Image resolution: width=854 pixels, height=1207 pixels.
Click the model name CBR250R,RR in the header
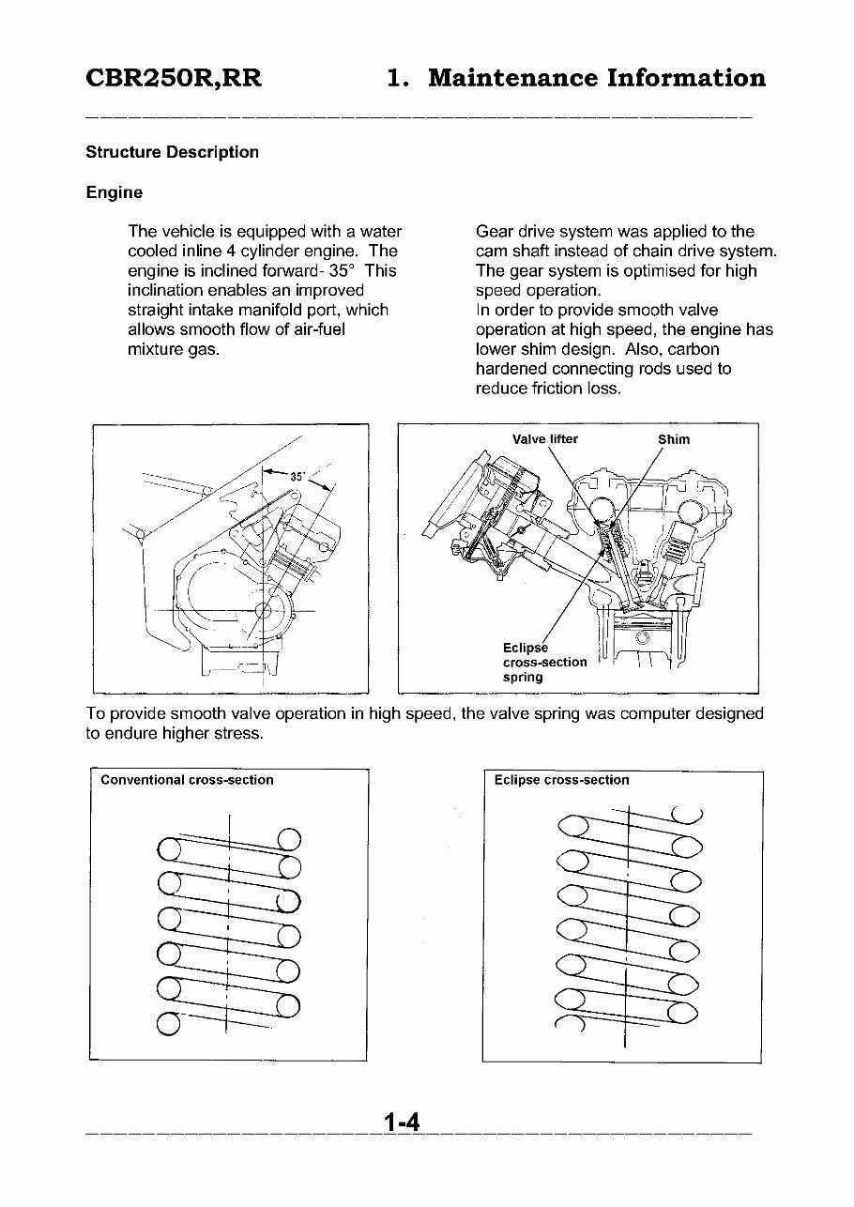174,78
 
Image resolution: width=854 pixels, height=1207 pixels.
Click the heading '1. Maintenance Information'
576,78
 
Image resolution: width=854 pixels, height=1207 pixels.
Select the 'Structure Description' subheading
172,152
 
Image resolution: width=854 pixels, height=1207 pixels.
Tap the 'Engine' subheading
114,192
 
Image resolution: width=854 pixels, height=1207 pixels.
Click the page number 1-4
401,1123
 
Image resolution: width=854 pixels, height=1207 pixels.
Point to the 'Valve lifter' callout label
545,439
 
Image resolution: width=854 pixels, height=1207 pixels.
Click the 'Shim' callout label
674,439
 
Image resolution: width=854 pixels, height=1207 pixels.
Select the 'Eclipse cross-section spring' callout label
544,662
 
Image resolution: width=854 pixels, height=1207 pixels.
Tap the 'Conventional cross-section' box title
187,780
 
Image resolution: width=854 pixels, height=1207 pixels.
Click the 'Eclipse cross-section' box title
561,780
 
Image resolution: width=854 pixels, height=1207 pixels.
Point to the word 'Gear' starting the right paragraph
495,231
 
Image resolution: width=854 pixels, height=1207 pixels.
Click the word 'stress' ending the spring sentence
238,733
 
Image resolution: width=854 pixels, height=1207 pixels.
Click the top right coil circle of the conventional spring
289,838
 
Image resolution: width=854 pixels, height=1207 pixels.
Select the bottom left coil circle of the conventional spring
168,1022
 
